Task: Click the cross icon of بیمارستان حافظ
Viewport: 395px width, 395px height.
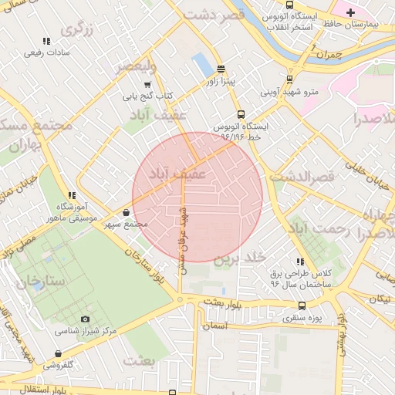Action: coord(350,12)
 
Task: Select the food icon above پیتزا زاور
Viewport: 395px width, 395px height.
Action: coord(221,69)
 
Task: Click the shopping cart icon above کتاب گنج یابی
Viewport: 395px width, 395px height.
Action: coord(147,85)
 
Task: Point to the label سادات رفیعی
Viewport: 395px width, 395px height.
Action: coord(47,52)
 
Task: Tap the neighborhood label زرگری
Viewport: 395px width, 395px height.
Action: coord(77,30)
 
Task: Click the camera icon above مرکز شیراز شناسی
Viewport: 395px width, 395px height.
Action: coord(85,319)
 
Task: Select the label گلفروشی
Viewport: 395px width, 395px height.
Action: coord(57,363)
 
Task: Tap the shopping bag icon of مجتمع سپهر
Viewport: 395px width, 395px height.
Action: coord(127,212)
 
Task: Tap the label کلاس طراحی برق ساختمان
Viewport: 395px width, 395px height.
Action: coord(300,279)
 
